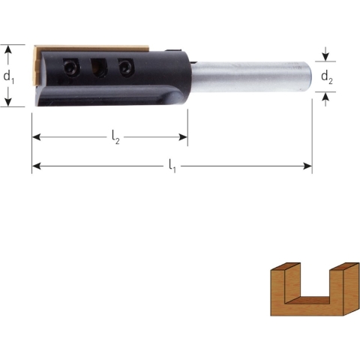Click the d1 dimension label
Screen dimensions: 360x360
8,76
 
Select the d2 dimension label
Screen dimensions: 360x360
328,76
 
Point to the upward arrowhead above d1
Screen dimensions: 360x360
9,49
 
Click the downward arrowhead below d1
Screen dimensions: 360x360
9,103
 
